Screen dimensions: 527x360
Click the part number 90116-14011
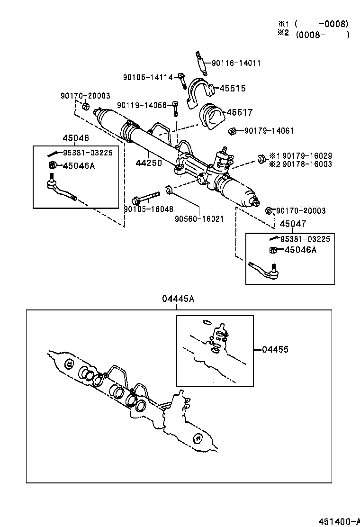236,63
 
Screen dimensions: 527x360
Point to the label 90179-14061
269,130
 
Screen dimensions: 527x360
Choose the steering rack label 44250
148,163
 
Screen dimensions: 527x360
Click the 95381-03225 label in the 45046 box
88,153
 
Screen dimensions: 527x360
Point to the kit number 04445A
178,299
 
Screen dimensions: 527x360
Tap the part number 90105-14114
148,77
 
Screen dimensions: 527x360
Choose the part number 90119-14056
142,105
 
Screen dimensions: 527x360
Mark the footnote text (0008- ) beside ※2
322,35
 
